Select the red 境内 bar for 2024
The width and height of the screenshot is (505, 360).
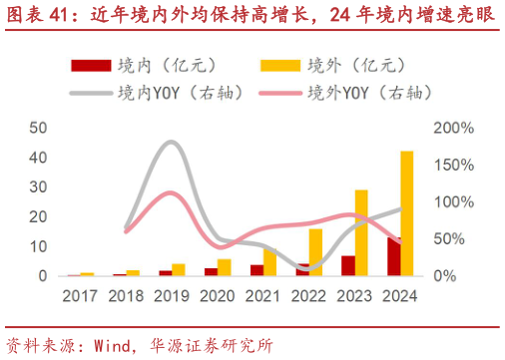(394, 256)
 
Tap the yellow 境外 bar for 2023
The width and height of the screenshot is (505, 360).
(361, 232)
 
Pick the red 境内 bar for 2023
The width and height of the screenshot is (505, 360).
(348, 265)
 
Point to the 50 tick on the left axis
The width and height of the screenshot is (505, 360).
(38, 128)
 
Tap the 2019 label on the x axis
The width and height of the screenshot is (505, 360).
(171, 295)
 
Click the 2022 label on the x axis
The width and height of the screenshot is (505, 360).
(307, 295)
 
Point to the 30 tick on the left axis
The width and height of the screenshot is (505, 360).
(38, 186)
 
